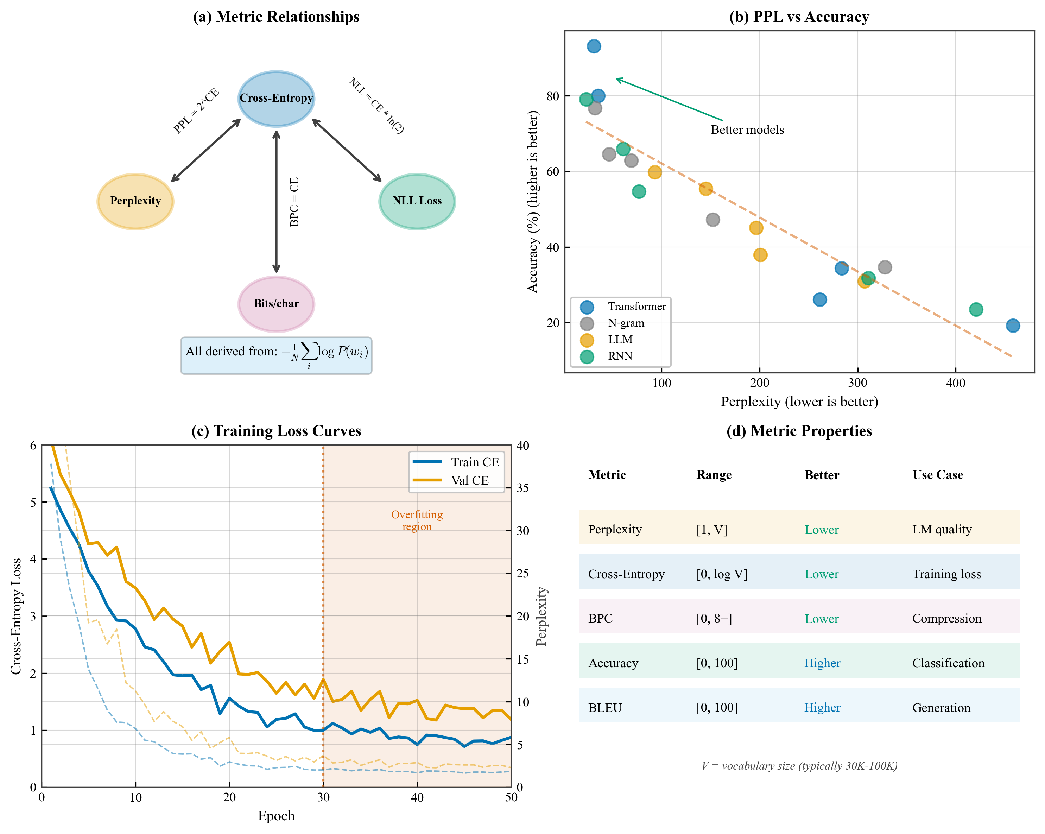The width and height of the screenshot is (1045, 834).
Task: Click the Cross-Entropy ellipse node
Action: click(x=276, y=99)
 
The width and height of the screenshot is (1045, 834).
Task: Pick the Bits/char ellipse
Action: click(x=276, y=304)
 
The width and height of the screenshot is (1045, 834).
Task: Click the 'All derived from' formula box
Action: click(x=276, y=355)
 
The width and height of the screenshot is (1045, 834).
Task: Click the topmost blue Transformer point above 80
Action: click(x=594, y=46)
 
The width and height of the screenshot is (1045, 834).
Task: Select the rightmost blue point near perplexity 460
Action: click(x=1013, y=326)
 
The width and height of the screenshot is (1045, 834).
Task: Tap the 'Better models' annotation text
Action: click(x=747, y=130)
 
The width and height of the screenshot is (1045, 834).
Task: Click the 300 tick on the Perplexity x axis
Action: click(x=857, y=383)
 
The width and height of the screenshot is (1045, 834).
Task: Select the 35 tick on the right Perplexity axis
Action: click(x=522, y=488)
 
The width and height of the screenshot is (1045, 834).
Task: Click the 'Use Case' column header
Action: click(x=937, y=475)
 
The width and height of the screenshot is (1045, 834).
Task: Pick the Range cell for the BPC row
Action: click(x=714, y=618)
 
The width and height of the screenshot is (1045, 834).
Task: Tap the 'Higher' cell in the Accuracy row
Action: click(x=822, y=663)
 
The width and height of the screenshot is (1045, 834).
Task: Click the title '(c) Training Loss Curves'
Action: click(x=276, y=431)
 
